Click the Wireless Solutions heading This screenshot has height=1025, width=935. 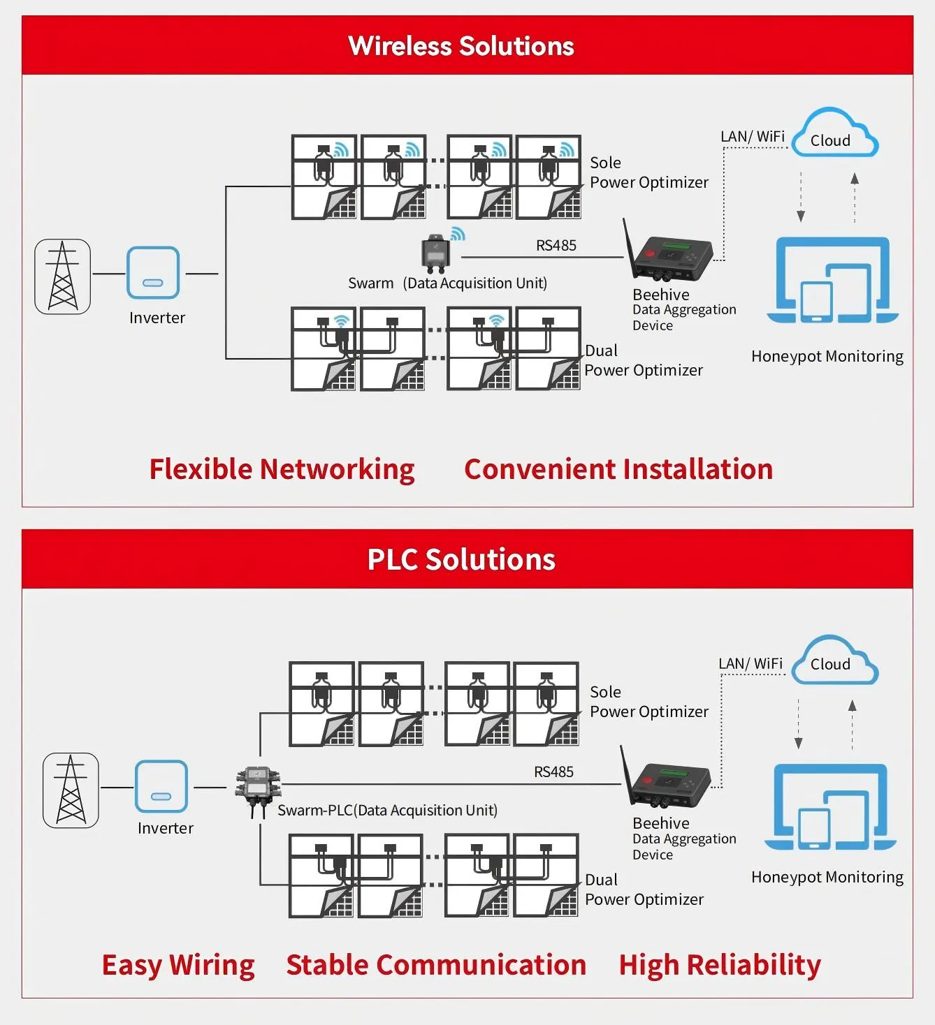click(461, 46)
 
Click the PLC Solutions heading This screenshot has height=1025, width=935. click(461, 560)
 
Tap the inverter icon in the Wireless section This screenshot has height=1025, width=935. click(153, 273)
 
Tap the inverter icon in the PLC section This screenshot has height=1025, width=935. click(161, 786)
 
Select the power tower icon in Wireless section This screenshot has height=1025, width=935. click(63, 276)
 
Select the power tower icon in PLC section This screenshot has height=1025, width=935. click(71, 790)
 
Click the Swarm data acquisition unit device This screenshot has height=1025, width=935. click(436, 253)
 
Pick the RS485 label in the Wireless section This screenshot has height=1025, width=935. click(556, 246)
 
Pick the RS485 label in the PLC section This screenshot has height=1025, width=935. click(553, 772)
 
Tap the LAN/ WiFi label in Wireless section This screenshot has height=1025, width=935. click(753, 137)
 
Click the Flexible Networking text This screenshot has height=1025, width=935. click(282, 470)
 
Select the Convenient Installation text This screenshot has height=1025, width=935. click(618, 470)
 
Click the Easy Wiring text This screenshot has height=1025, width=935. click(178, 966)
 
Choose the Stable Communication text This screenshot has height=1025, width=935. click(436, 965)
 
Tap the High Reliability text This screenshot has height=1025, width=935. click(720, 965)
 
